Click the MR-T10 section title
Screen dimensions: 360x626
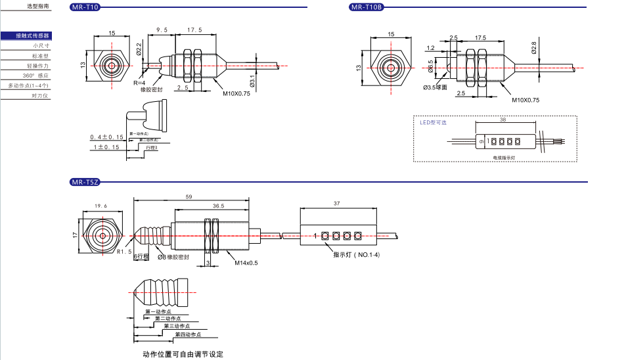click(85, 7)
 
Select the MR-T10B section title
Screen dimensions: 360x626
click(367, 7)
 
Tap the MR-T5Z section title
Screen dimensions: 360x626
click(85, 181)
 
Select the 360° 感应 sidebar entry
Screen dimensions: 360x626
click(36, 76)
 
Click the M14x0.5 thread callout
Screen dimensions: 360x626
click(247, 264)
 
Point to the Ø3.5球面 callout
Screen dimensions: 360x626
click(436, 87)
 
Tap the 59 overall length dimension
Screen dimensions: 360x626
click(189, 196)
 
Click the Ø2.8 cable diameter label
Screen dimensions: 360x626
click(534, 47)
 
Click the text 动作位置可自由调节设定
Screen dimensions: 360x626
click(183, 355)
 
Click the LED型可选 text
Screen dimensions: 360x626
click(433, 122)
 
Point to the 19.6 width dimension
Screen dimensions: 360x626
click(101, 206)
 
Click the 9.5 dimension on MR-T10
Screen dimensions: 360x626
click(162, 30)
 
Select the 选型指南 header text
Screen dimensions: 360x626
click(37, 6)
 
